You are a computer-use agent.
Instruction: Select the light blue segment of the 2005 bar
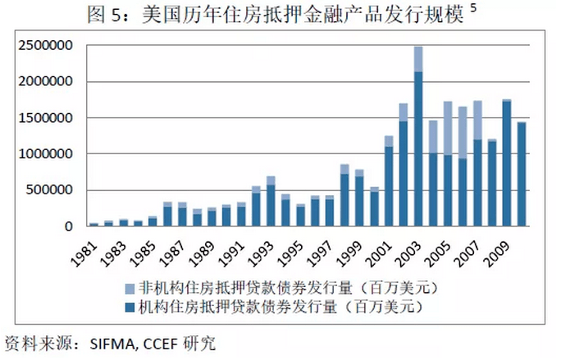(x=448, y=128)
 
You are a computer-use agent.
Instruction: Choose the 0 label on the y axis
(x=70, y=226)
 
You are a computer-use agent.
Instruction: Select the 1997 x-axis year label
(x=324, y=249)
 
